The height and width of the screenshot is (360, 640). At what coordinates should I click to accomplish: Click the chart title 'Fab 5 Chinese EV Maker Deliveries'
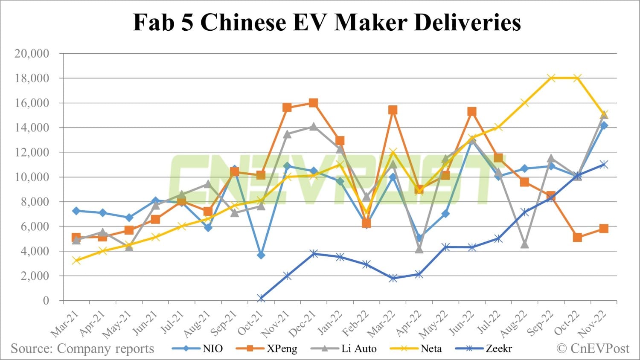point(327,22)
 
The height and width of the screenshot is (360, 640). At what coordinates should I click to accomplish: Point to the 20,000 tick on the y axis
point(32,54)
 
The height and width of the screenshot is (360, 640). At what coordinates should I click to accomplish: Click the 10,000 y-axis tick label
point(32,177)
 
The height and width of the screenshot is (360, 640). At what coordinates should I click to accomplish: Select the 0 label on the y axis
point(46,300)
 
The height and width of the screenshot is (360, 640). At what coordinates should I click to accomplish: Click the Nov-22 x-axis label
point(593,325)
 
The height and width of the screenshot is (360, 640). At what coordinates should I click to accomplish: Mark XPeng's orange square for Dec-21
point(313,103)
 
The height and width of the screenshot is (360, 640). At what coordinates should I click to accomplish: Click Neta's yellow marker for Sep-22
point(551,78)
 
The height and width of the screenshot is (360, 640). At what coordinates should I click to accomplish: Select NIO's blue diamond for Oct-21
point(261,255)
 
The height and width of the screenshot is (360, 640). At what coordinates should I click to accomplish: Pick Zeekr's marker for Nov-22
point(604,165)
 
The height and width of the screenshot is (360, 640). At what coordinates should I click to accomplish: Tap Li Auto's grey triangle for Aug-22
point(524,244)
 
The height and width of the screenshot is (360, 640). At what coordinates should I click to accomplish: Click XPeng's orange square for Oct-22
point(577,238)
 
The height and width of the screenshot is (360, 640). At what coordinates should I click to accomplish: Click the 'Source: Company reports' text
point(82,348)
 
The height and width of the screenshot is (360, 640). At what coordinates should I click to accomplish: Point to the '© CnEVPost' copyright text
point(593,348)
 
